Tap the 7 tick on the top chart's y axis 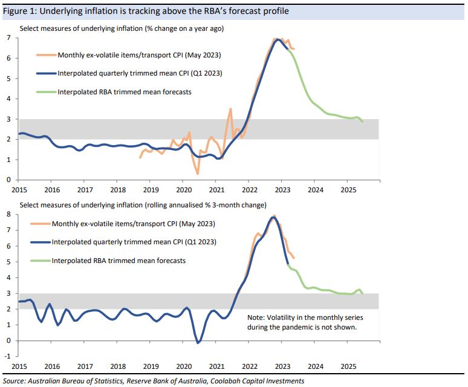point(8,38)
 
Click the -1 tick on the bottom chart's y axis point(7,356)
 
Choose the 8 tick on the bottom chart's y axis point(8,213)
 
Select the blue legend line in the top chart point(46,74)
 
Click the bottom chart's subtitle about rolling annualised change point(143,205)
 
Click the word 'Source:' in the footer point(15,381)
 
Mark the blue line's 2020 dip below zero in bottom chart point(199,343)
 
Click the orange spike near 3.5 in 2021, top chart point(230,109)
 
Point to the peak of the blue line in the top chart point(278,40)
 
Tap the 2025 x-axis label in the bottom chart point(348,366)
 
